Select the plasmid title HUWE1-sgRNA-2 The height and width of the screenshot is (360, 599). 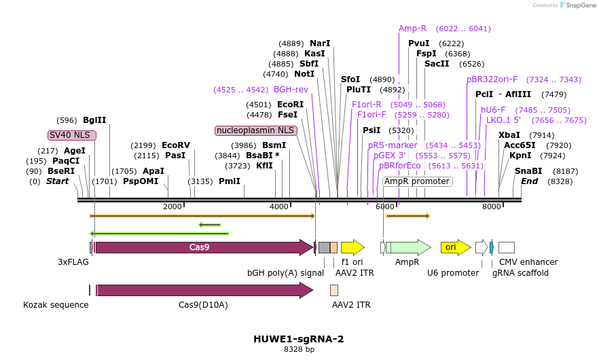(x=299, y=339)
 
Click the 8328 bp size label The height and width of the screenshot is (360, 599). (x=299, y=350)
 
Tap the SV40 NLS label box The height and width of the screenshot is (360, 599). (x=72, y=135)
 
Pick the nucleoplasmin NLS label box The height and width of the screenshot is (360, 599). (x=255, y=130)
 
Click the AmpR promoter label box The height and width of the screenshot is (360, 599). (x=417, y=181)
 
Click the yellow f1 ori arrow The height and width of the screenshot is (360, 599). (x=352, y=247)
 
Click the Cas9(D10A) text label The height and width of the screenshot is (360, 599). (x=203, y=305)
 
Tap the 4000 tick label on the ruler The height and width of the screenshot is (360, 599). (x=280, y=206)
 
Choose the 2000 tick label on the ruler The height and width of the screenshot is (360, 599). (x=173, y=206)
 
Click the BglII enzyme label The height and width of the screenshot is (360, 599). (x=94, y=120)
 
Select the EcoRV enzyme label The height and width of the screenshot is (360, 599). (x=176, y=145)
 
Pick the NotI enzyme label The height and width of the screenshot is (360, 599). (x=304, y=73)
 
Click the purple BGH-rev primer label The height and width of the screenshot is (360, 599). (x=291, y=89)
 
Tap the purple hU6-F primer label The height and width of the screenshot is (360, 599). (x=493, y=109)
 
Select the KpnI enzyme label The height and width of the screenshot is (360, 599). (x=520, y=156)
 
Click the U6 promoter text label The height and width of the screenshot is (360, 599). (x=453, y=272)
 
